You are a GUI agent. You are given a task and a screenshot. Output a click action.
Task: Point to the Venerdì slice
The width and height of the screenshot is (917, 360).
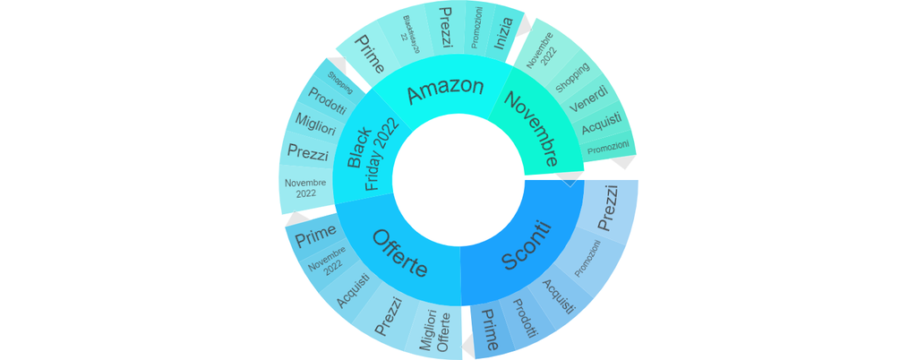[588, 98]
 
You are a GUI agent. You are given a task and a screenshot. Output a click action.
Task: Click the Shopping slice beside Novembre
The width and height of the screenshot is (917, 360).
[572, 77]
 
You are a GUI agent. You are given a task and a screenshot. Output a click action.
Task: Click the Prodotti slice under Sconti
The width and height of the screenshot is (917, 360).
[524, 317]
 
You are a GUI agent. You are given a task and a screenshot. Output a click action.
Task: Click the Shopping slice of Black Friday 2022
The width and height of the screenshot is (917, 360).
[339, 79]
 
